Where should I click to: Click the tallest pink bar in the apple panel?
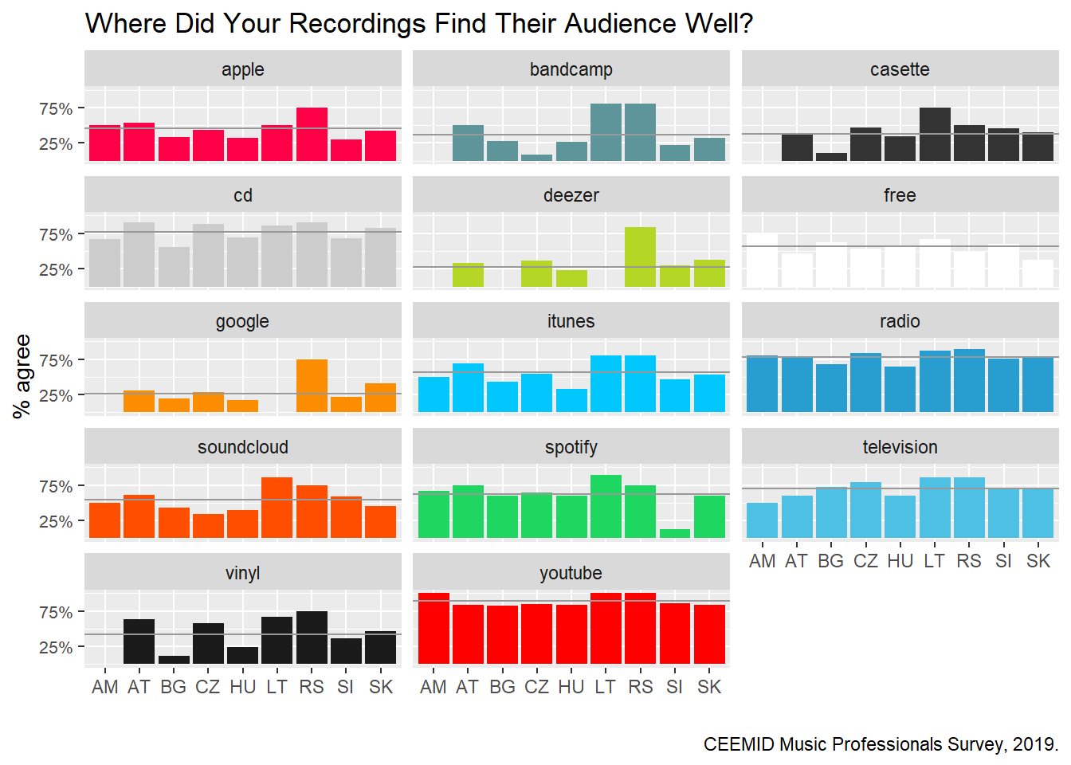[312, 134]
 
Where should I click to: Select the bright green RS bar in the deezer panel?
[640, 257]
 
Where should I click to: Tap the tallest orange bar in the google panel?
[312, 386]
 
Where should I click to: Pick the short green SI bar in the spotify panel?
[675, 533]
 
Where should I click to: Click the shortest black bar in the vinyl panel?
[174, 660]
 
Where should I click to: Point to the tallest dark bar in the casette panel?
[935, 134]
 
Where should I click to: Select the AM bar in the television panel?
[762, 520]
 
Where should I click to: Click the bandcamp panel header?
[571, 69]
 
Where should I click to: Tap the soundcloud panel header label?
[242, 447]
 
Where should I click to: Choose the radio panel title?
[900, 321]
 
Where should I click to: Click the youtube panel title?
[571, 573]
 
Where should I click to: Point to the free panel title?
[900, 195]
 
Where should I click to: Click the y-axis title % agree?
[22, 375]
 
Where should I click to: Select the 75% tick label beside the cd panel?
[56, 234]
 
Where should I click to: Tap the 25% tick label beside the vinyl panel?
[56, 647]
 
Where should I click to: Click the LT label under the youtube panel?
[606, 687]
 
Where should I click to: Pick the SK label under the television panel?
[1038, 561]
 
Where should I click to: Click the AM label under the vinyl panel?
[104, 687]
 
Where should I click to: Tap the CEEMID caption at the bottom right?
[881, 744]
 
